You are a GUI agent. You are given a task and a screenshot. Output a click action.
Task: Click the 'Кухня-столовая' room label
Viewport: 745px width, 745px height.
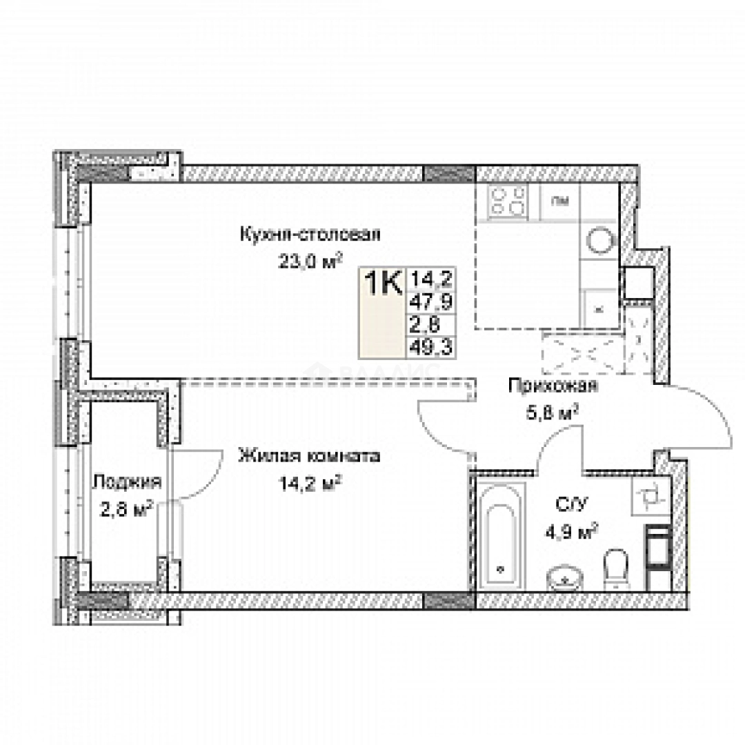[x=310, y=234]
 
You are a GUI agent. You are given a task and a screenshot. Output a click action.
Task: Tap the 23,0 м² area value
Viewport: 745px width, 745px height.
[x=310, y=261]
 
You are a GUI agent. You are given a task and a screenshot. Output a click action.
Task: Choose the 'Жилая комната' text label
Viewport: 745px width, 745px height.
[x=308, y=456]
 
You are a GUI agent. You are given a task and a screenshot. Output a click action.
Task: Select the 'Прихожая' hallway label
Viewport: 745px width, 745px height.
[x=553, y=386]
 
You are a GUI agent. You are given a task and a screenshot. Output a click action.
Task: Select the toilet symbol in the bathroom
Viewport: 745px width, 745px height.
[x=615, y=569]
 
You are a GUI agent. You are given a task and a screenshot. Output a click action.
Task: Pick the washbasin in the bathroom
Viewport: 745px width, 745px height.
[x=566, y=578]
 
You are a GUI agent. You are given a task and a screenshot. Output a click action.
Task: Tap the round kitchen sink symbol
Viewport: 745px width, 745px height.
[x=600, y=241]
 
